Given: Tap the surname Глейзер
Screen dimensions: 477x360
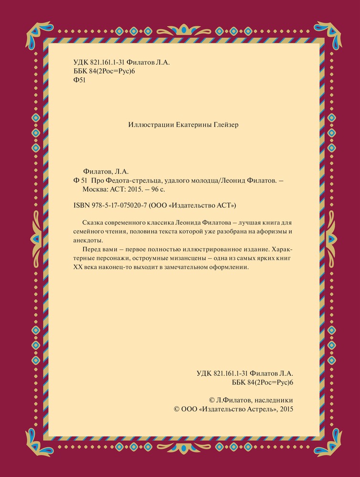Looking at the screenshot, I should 222,125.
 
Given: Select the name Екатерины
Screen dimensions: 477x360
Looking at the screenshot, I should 188,125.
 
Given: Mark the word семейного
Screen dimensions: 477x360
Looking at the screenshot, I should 87,232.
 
